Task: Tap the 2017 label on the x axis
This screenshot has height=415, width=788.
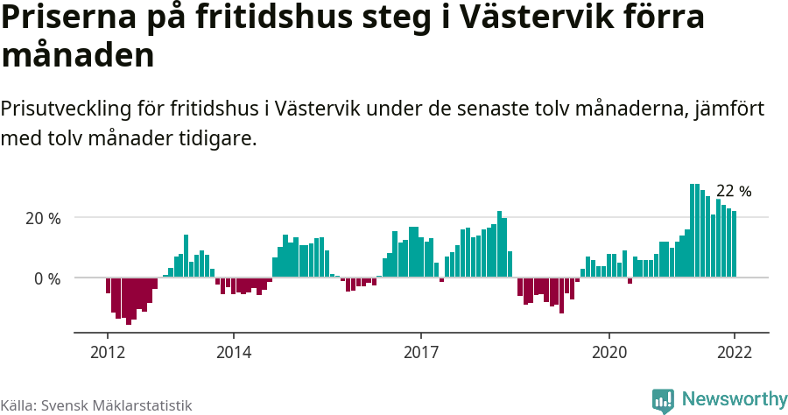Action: point(421,351)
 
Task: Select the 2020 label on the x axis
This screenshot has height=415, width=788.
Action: point(609,351)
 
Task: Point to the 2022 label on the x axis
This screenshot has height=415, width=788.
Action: point(735,351)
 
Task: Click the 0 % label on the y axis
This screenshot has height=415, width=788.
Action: point(47,278)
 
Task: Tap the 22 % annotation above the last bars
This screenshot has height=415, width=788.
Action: point(734,191)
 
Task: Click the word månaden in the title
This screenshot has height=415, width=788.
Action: point(78,55)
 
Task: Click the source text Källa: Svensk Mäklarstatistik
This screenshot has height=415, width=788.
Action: point(95,405)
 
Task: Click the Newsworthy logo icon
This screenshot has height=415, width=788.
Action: point(663,401)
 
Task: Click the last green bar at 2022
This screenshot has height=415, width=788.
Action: point(735,244)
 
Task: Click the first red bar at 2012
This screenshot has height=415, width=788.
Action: point(108,285)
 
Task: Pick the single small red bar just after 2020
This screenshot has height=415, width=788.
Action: point(630,280)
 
